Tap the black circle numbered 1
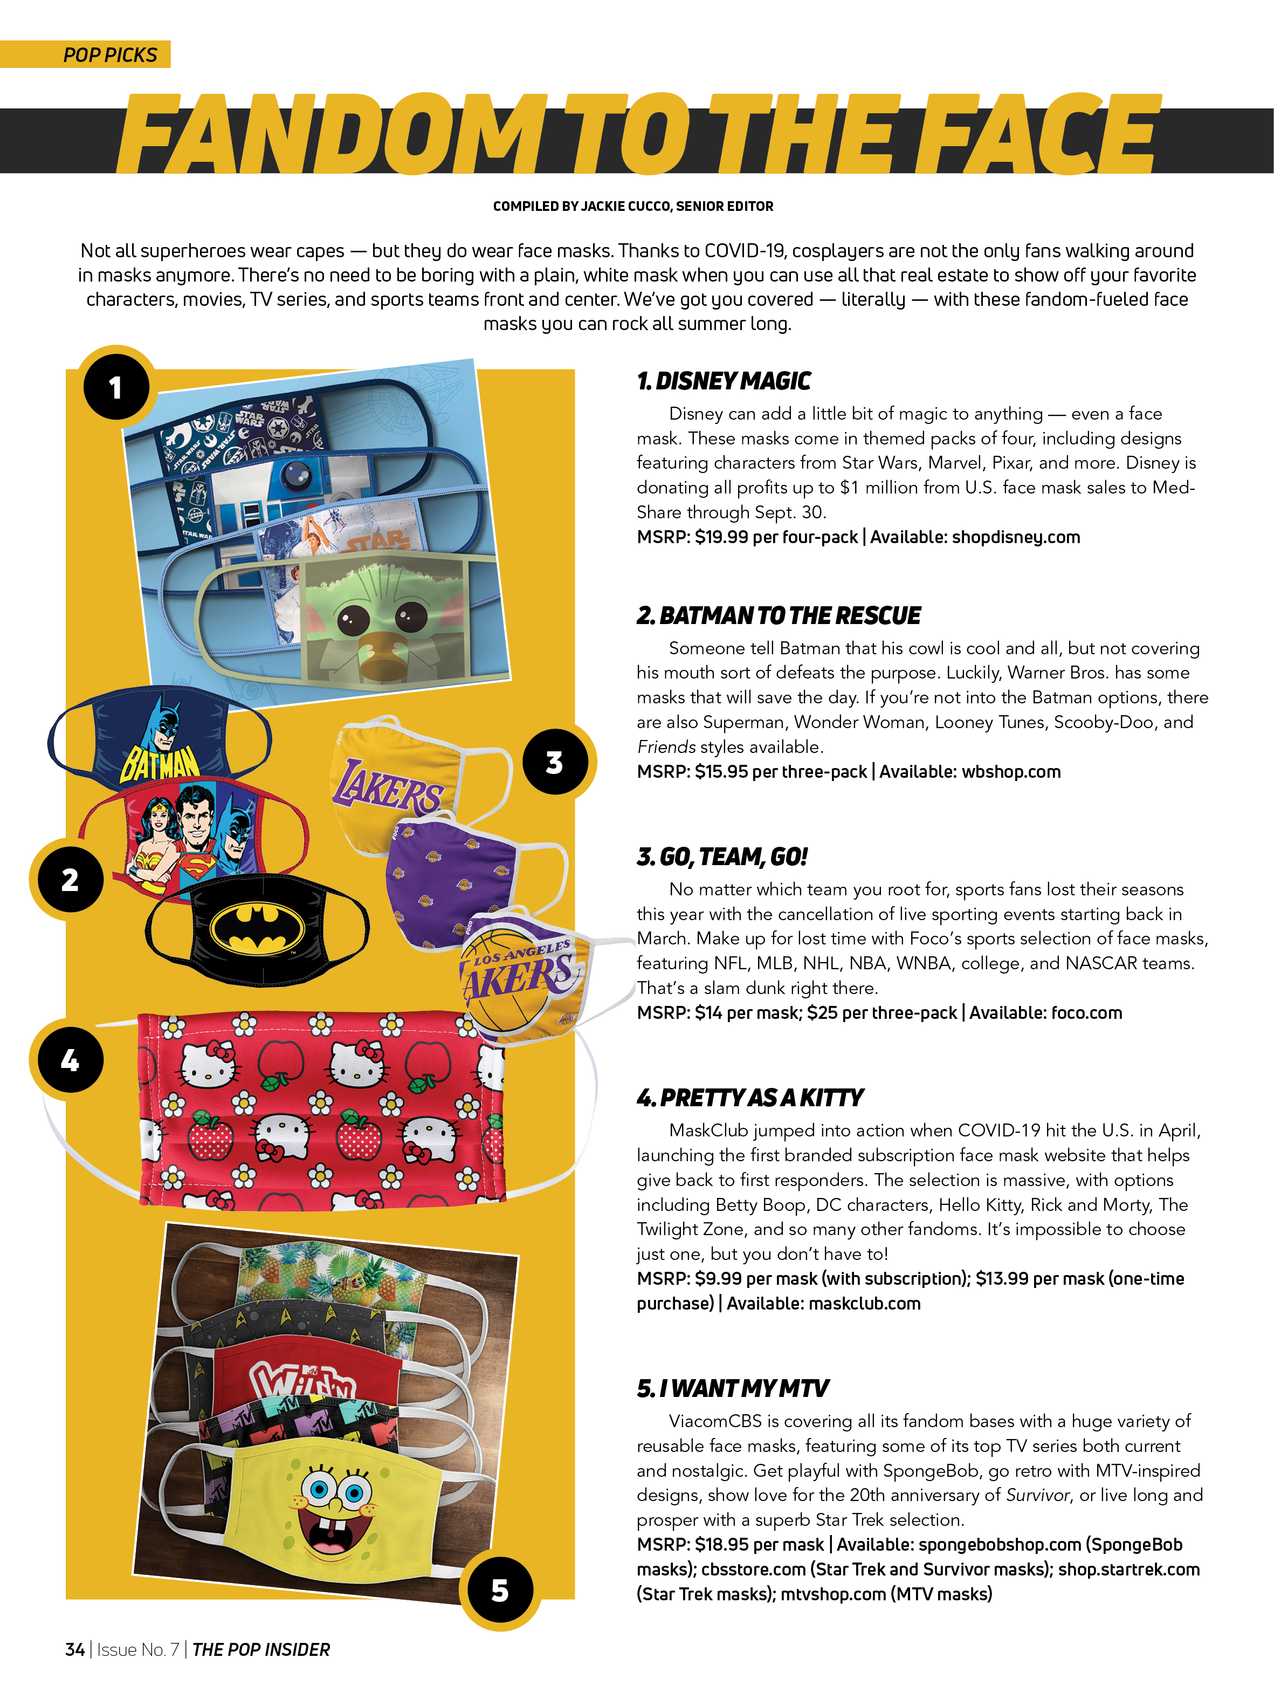116,387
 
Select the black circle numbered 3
554,763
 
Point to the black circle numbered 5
500,1590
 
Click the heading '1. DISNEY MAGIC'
724,381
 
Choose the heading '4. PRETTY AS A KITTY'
750,1098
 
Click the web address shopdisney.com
1015,538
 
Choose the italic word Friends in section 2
666,748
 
